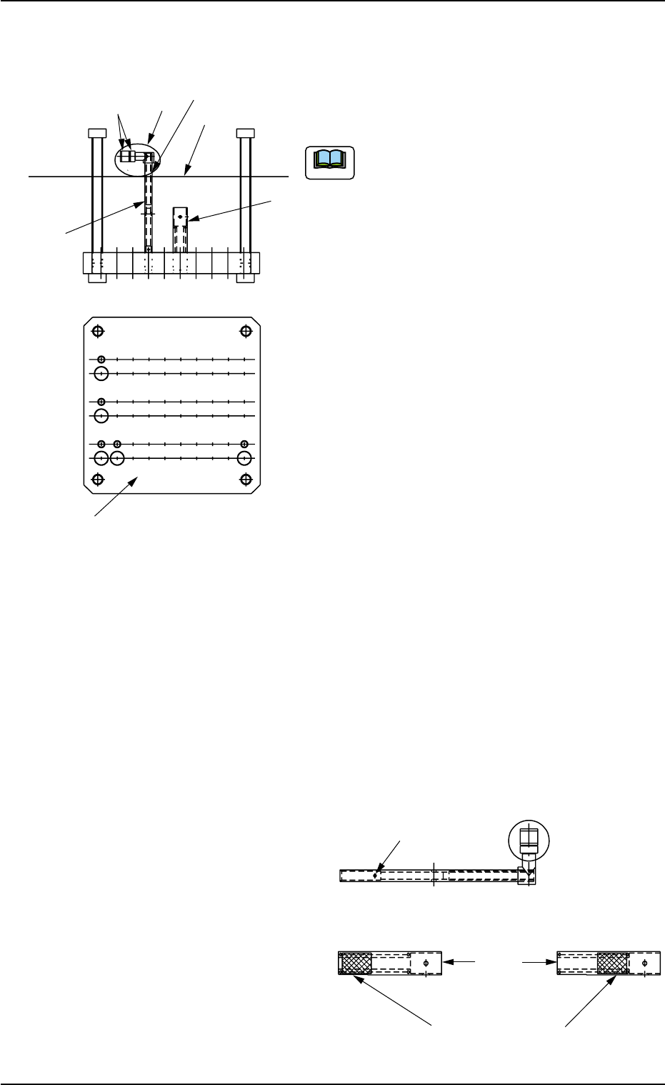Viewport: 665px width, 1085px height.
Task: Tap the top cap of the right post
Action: (245, 133)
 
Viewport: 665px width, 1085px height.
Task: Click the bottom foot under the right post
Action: (245, 279)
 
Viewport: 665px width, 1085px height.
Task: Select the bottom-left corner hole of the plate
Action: (99, 478)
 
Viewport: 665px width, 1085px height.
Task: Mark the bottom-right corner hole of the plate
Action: (246, 478)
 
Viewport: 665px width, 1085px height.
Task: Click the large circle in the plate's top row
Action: (101, 373)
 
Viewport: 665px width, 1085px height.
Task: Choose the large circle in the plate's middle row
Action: (101, 415)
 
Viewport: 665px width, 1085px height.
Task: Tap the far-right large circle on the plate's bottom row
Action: (245, 458)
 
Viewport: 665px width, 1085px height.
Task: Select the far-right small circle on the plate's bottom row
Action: (245, 444)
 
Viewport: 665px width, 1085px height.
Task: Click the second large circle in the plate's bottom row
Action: (117, 458)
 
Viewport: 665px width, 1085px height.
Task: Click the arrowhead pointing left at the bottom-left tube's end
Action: (448, 963)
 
